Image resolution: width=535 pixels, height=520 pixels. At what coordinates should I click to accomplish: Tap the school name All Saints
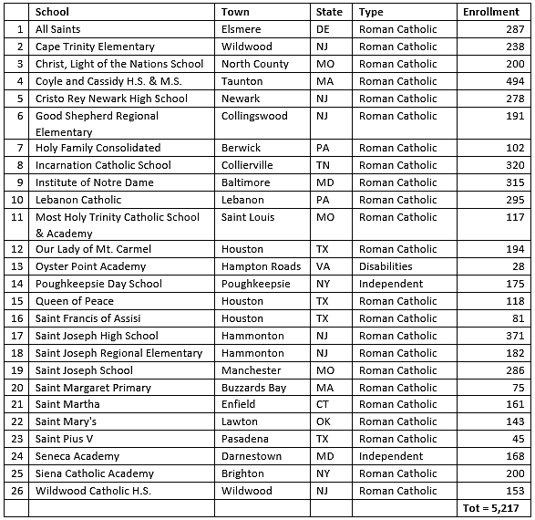pyautogui.click(x=58, y=29)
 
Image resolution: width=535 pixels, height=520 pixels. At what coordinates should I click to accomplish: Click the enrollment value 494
pyautogui.click(x=517, y=81)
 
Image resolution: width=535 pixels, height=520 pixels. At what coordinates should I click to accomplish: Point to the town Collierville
pyautogui.click(x=252, y=165)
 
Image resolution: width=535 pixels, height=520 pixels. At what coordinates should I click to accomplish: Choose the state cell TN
pyautogui.click(x=324, y=165)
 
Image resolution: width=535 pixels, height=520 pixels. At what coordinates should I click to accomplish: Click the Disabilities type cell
pyautogui.click(x=386, y=266)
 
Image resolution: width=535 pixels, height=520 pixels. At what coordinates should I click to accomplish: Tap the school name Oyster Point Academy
pyautogui.click(x=90, y=266)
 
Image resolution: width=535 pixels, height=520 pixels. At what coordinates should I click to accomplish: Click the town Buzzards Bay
pyautogui.click(x=253, y=388)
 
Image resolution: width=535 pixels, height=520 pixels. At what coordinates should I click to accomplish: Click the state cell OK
pyautogui.click(x=324, y=421)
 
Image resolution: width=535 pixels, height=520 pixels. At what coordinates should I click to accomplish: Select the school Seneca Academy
pyautogui.click(x=77, y=456)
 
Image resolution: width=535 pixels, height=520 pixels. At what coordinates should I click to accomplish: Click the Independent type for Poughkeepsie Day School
pyautogui.click(x=391, y=284)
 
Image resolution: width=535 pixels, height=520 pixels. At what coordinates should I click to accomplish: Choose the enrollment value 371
pyautogui.click(x=517, y=336)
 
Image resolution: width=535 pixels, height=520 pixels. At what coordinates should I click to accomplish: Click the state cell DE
pyautogui.click(x=324, y=29)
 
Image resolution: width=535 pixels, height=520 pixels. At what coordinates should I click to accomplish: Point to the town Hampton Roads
pyautogui.click(x=261, y=266)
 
